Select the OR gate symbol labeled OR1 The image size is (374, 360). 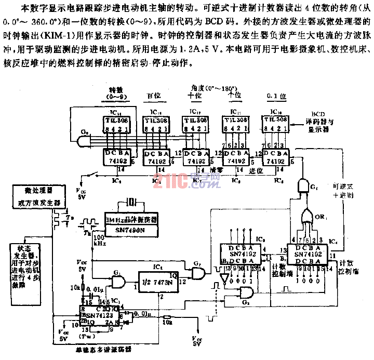click(x=306, y=214)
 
